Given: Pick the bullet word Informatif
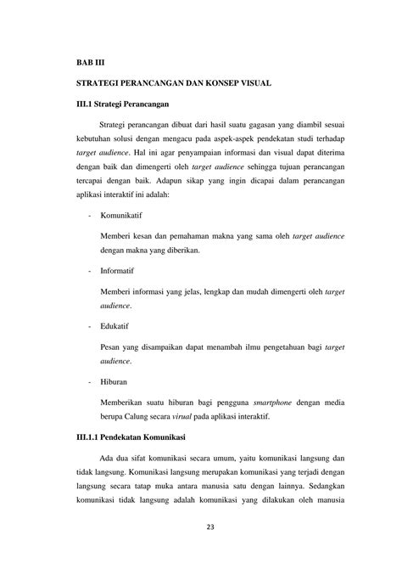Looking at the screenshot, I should pyautogui.click(x=120, y=273).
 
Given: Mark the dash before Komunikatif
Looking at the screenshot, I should pyautogui.click(x=90, y=217).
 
